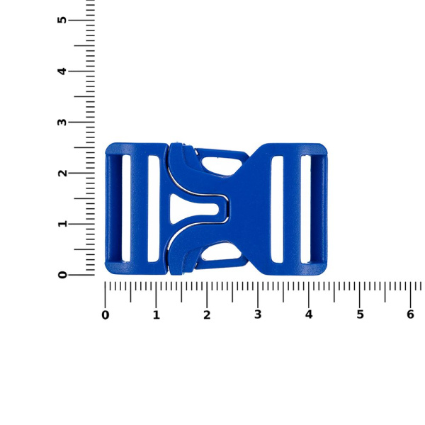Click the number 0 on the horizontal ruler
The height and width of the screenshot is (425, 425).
point(106,315)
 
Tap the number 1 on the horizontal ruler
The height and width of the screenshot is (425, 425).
point(156,315)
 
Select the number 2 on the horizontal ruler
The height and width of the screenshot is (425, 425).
point(207,315)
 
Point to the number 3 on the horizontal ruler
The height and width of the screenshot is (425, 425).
point(258,315)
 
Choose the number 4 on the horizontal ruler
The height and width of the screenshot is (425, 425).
point(309,315)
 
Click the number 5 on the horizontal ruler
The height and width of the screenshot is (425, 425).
point(360,315)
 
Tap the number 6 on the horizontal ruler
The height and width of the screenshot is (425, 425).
point(410,315)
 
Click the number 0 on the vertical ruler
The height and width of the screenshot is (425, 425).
point(62,275)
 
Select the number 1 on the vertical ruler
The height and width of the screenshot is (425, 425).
point(62,224)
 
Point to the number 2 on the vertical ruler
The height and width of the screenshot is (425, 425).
point(62,173)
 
